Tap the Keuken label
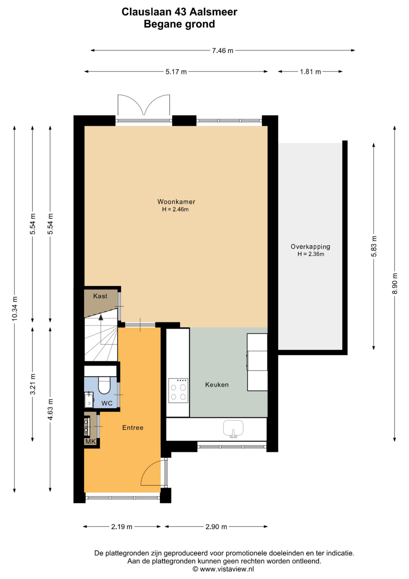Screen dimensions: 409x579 click(x=217, y=385)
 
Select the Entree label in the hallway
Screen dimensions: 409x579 click(x=133, y=427)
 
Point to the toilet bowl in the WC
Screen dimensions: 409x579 click(x=104, y=385)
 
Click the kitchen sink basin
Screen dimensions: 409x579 click(x=233, y=428)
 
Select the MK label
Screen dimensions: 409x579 click(x=90, y=441)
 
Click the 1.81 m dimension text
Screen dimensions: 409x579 click(x=310, y=72)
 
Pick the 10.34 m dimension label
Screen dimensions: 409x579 click(x=15, y=309)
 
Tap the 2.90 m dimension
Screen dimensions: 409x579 click(x=216, y=527)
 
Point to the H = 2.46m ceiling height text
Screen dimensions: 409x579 click(x=175, y=209)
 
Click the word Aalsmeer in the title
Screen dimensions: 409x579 click(x=213, y=12)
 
